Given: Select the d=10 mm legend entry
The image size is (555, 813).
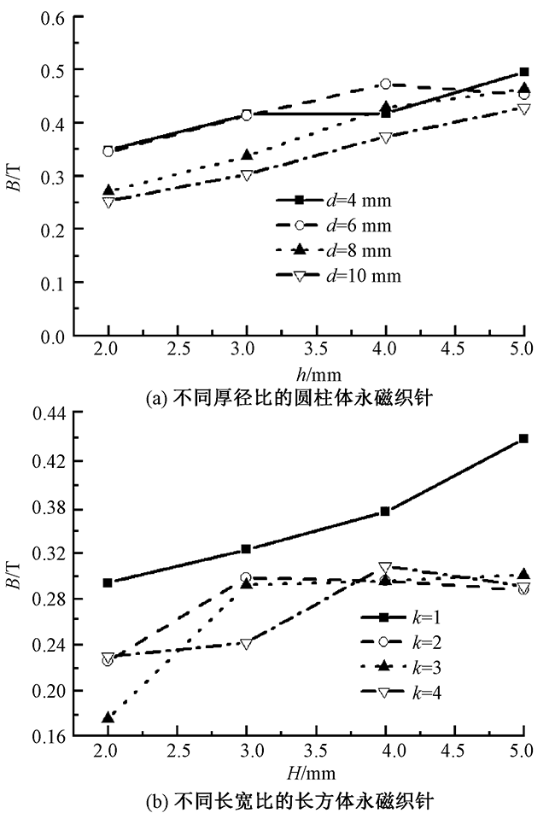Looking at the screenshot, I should point(338,275).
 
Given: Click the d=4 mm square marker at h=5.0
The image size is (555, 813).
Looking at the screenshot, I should point(524,72).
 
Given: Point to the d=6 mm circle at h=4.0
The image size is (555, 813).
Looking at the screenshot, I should point(386,84).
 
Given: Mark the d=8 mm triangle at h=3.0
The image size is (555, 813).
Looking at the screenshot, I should point(247,155).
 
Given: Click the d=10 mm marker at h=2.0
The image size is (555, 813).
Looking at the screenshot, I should point(108,202).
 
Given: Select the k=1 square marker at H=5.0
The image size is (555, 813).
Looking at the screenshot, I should point(524,438).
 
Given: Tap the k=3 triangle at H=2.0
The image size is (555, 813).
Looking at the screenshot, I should point(108,717).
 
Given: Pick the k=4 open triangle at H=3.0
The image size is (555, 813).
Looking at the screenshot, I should point(247,643).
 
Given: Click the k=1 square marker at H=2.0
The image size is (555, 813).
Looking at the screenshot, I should point(108,582).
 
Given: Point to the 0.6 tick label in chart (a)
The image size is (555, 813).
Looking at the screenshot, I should point(54,16).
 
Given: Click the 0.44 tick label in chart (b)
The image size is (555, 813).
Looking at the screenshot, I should point(49,412).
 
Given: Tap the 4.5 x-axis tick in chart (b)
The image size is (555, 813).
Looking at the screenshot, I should point(455,750).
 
